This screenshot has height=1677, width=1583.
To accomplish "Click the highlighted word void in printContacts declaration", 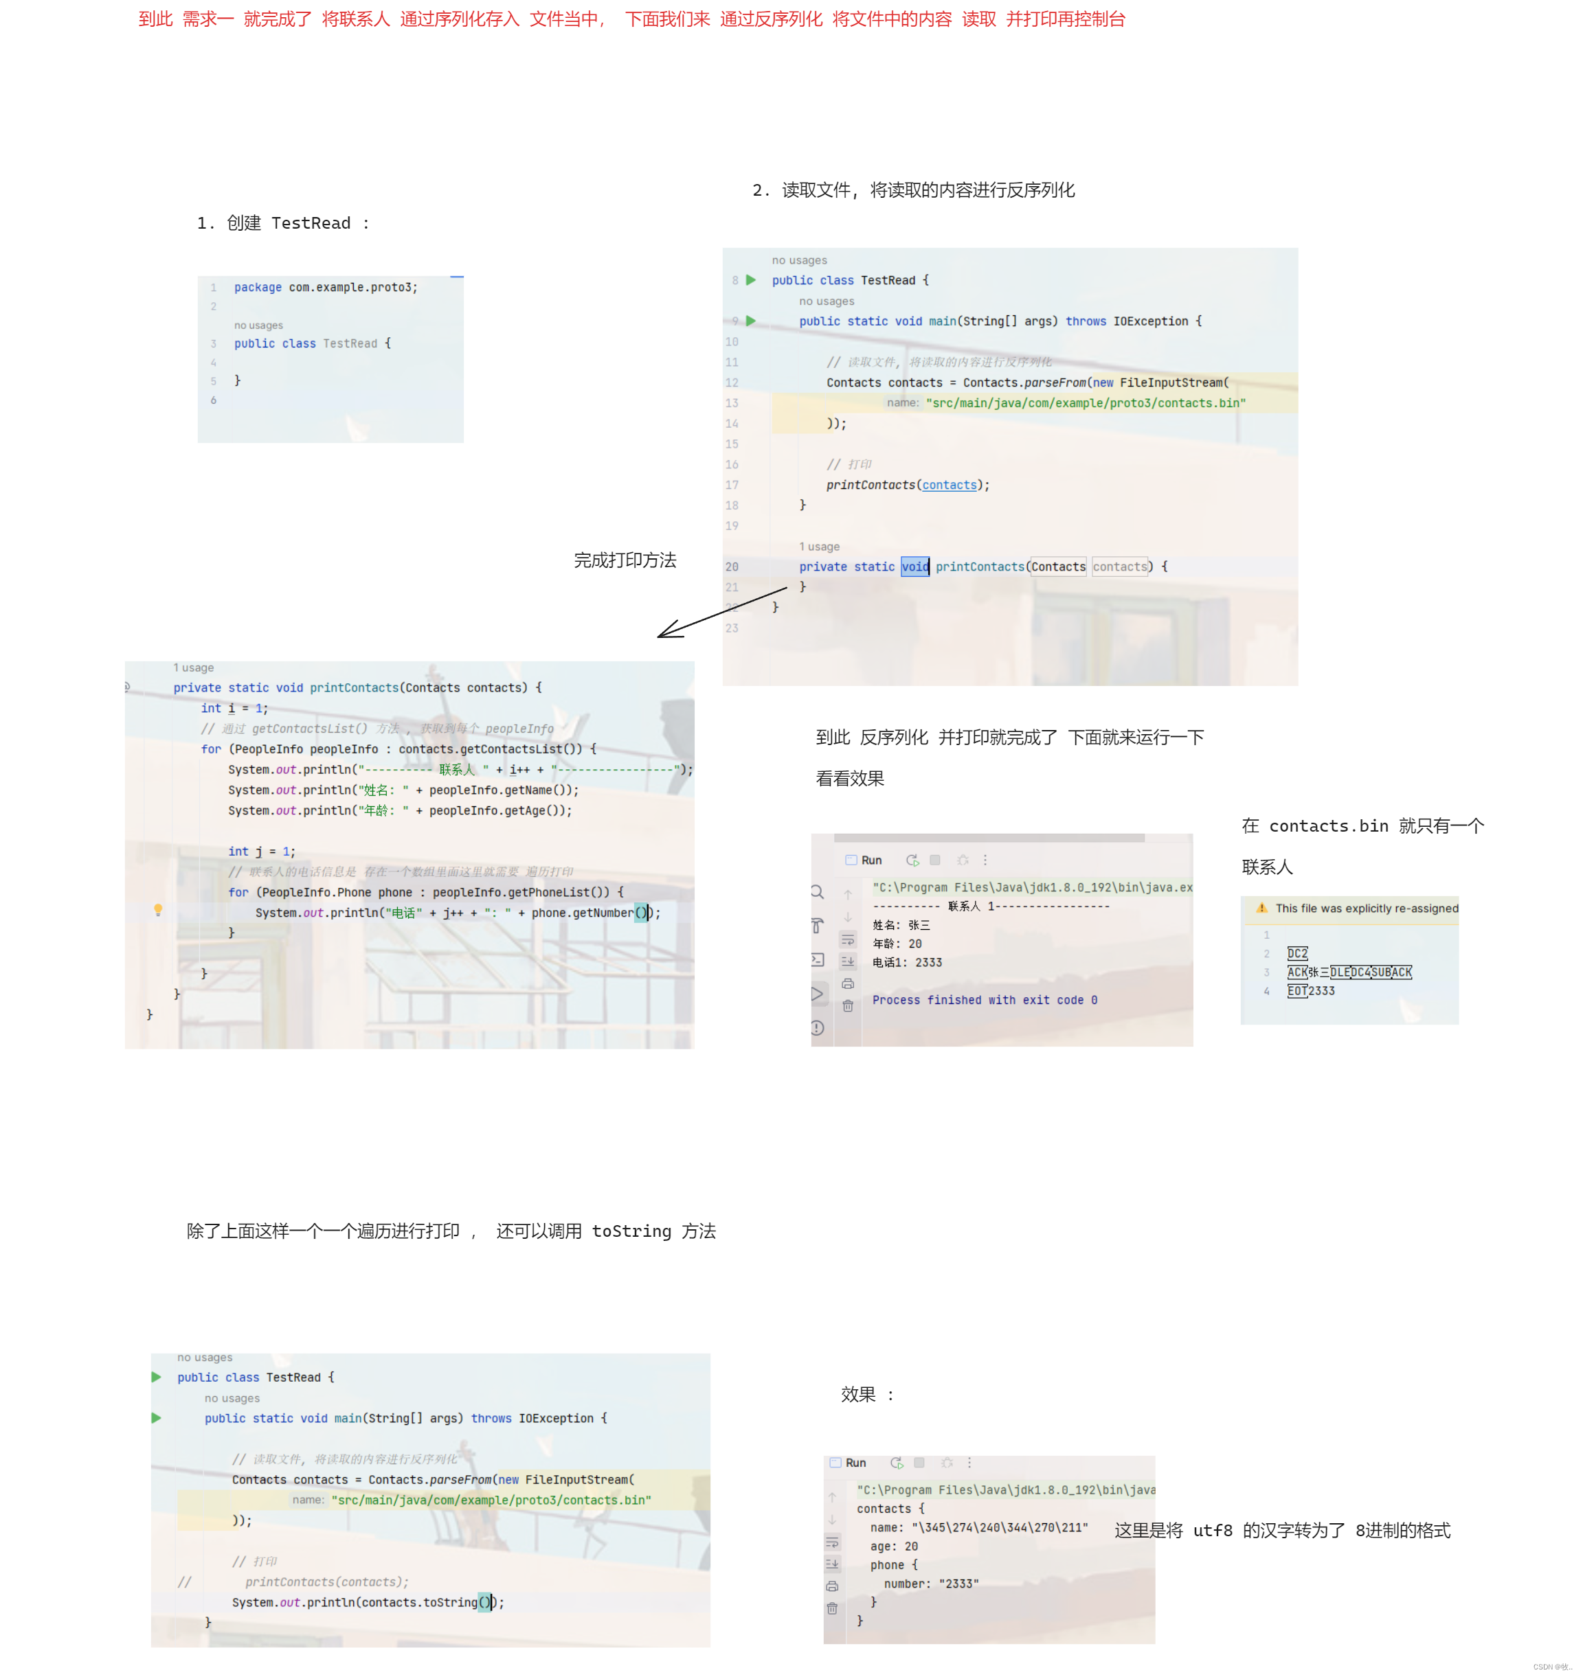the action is (x=914, y=567).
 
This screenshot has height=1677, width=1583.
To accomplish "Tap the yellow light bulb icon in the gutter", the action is (x=158, y=909).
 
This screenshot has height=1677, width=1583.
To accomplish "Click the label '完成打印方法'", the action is (x=625, y=561).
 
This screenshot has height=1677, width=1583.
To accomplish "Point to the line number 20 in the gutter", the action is (x=732, y=567).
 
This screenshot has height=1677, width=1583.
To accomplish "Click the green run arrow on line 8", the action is (x=751, y=280).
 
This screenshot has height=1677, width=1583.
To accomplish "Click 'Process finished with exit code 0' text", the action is (x=984, y=1000).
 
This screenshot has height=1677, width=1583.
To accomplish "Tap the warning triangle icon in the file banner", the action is (x=1261, y=909).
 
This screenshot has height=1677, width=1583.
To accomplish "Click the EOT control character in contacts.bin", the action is (x=1298, y=991).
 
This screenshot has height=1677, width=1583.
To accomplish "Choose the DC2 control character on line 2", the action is (x=1297, y=953).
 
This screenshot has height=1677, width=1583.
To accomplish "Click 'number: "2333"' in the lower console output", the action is (x=931, y=1584).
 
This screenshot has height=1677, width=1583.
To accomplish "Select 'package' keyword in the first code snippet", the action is (x=258, y=288).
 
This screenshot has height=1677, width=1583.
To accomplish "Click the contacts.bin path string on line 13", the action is (x=1085, y=403).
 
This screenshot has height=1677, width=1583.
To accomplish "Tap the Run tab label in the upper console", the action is (x=871, y=860).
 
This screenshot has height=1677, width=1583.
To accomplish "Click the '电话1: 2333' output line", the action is (x=907, y=963).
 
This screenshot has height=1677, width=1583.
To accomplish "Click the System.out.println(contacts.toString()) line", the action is (x=367, y=1602).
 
